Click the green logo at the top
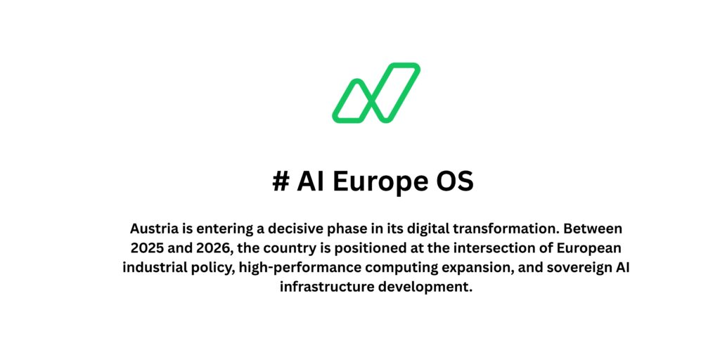tap(376, 93)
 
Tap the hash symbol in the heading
tap(281, 181)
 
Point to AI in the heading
tap(311, 181)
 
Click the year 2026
tap(214, 248)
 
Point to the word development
tap(423, 287)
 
